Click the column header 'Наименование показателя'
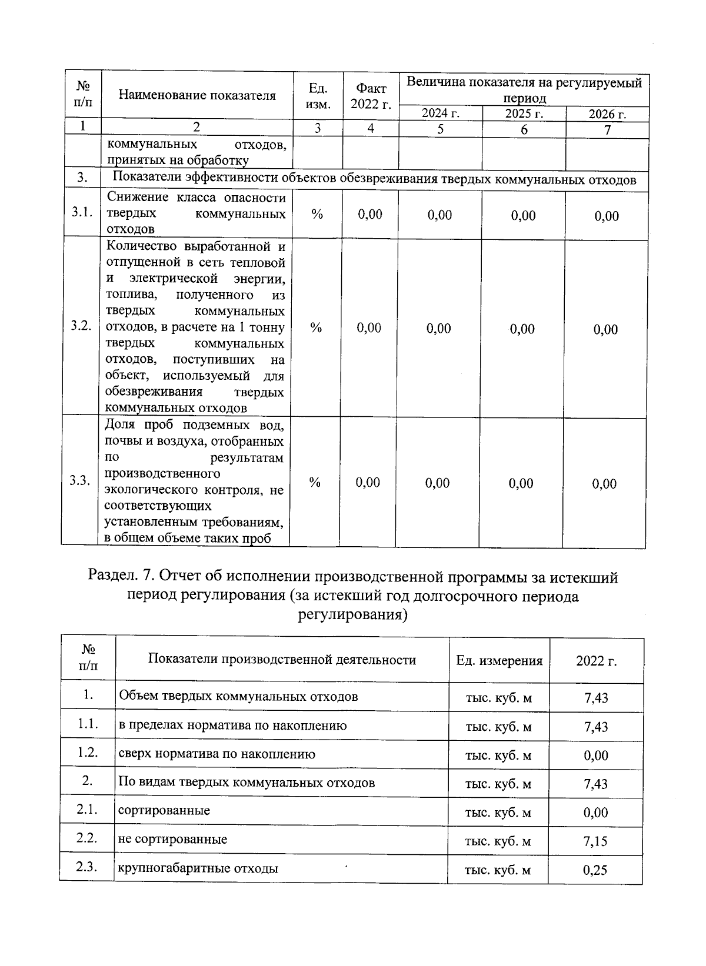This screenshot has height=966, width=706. (x=197, y=96)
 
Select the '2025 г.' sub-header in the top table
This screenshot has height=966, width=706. (x=524, y=113)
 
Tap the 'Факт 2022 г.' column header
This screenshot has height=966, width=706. (x=371, y=96)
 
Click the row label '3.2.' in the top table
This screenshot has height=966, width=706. (x=81, y=326)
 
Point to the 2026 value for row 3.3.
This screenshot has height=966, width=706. (x=604, y=484)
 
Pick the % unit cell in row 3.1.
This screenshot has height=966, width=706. (x=317, y=215)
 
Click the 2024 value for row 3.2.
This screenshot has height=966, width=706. (x=439, y=328)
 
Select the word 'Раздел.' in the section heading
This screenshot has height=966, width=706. (x=113, y=577)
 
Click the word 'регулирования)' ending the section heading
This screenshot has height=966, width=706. (x=352, y=615)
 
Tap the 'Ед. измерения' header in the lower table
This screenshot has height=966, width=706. (x=499, y=660)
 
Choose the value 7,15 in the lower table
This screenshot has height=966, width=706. (x=595, y=841)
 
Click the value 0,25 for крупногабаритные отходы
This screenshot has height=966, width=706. (x=595, y=870)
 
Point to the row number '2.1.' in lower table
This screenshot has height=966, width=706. (x=87, y=810)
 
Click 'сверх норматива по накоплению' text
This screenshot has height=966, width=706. (x=217, y=754)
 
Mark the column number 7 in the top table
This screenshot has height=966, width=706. (x=607, y=129)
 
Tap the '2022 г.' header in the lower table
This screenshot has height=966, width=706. (x=596, y=660)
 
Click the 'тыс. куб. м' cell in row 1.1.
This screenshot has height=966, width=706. (x=498, y=727)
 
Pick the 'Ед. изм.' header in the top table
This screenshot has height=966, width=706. (x=318, y=96)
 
